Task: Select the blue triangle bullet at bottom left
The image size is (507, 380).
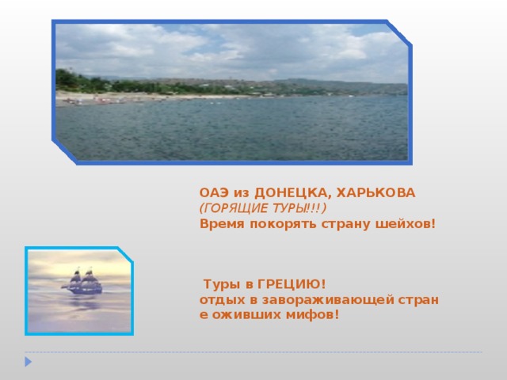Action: point(28,362)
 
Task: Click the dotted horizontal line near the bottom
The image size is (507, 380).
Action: point(253,351)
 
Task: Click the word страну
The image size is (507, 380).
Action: point(341,223)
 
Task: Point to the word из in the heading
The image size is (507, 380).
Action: point(240,192)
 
